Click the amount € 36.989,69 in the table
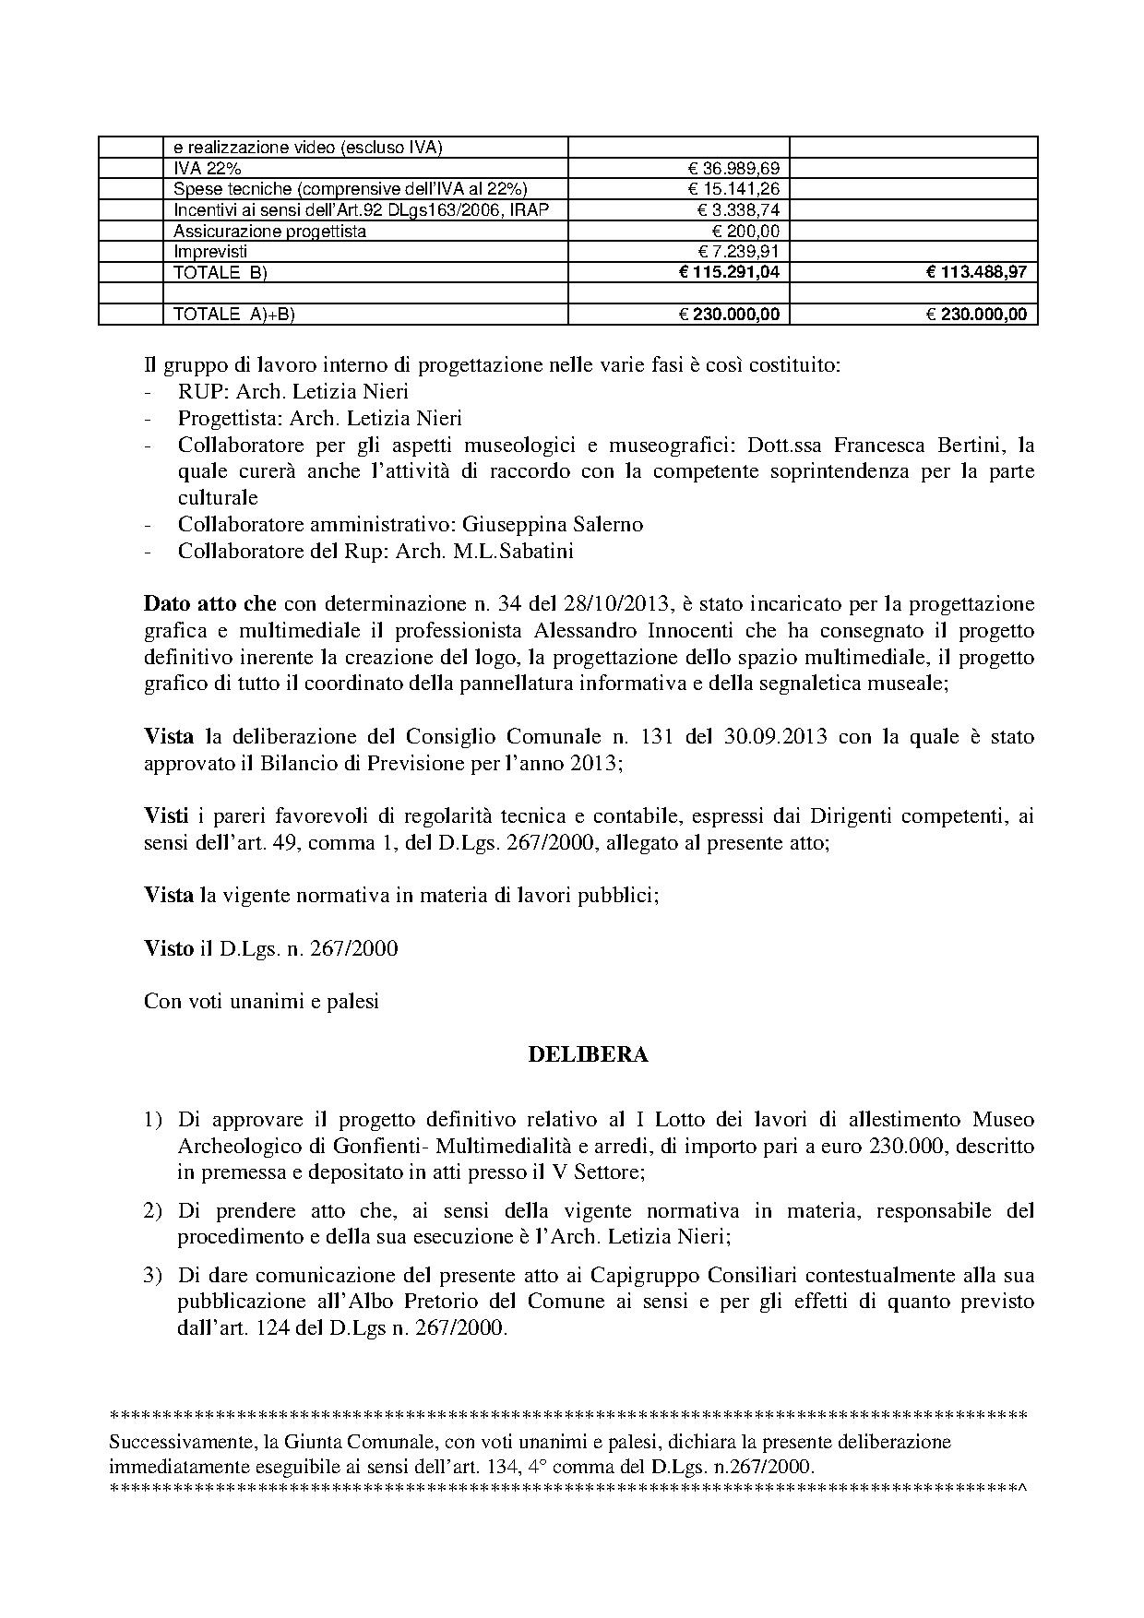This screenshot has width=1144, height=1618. (733, 168)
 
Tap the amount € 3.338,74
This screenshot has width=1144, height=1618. (738, 209)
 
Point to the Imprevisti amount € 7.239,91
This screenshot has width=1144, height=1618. (738, 251)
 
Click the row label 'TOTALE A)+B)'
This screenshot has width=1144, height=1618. (233, 315)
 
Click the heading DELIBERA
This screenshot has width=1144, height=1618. (588, 1054)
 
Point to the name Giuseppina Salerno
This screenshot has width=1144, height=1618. (552, 524)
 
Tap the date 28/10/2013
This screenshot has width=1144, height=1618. (629, 604)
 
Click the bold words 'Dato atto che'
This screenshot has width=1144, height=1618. (209, 604)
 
